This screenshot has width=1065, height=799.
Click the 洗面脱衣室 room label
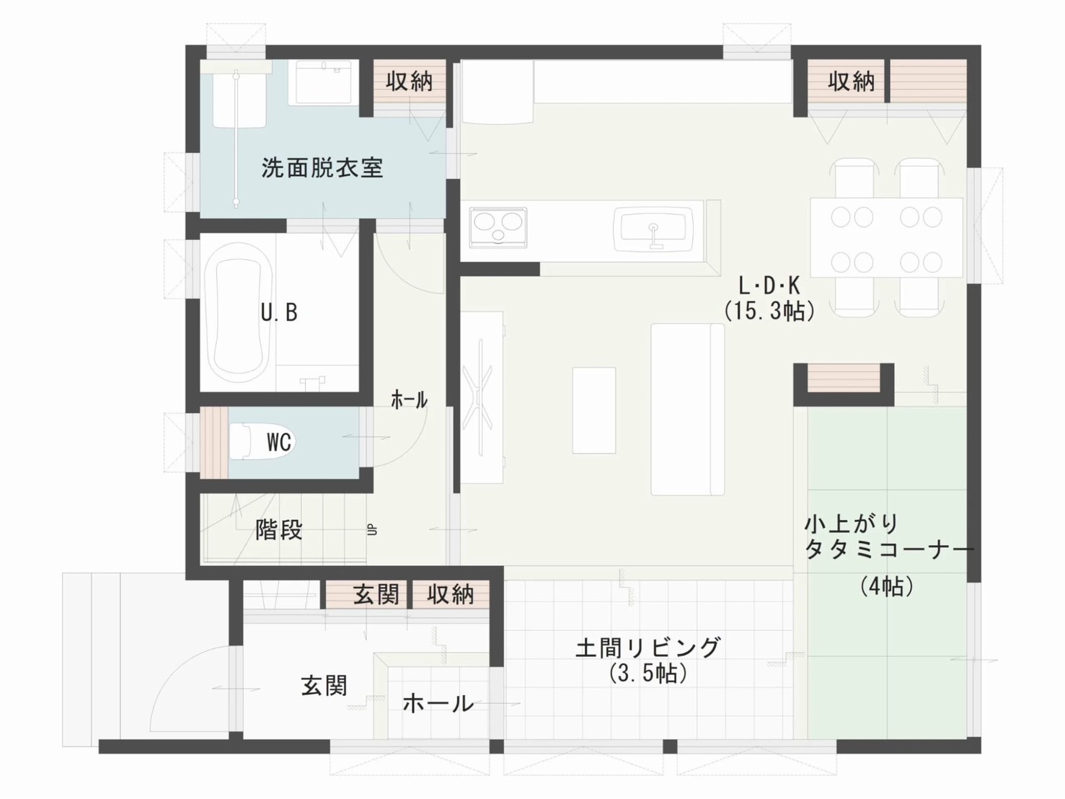coord(322,168)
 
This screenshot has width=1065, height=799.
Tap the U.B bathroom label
coord(279,312)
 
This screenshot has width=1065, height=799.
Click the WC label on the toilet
coord(278,442)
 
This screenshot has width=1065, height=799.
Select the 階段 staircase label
coord(279,530)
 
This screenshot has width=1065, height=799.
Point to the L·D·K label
coord(769,286)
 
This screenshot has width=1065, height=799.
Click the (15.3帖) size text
coord(769,311)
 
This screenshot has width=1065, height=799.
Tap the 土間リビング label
coord(648,648)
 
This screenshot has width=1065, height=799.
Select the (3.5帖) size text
coord(648,674)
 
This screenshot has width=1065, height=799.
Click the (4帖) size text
coord(887,586)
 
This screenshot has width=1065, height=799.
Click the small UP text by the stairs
coord(372,530)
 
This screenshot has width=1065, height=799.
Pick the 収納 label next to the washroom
coord(409,81)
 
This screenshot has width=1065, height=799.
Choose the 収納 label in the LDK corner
coord(852,81)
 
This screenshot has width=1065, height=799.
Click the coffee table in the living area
coord(594,410)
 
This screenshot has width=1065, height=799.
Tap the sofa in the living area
coord(687,410)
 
